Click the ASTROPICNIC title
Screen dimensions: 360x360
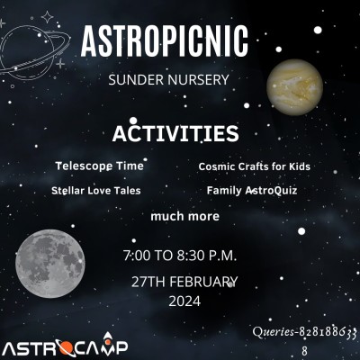tap(165, 41)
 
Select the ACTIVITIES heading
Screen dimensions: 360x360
tap(175, 133)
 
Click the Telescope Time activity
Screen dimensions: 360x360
tap(99, 166)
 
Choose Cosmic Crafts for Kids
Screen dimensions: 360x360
tap(254, 166)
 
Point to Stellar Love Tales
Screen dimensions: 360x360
tap(96, 191)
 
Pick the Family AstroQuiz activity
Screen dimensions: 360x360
tap(252, 191)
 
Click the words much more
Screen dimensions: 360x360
tap(184, 216)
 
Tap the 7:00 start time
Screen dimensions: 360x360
tap(137, 256)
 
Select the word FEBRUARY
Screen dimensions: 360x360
tap(203, 282)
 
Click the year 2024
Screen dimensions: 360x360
tap(184, 301)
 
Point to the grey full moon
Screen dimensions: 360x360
tap(50, 265)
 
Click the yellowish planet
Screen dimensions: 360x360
tap(294, 87)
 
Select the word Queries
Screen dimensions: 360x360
tap(273, 332)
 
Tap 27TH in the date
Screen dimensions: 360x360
tap(148, 282)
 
